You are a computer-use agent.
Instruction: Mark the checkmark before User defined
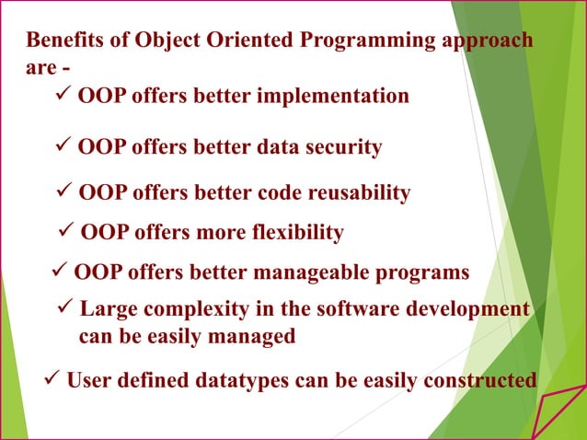[52, 378]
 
